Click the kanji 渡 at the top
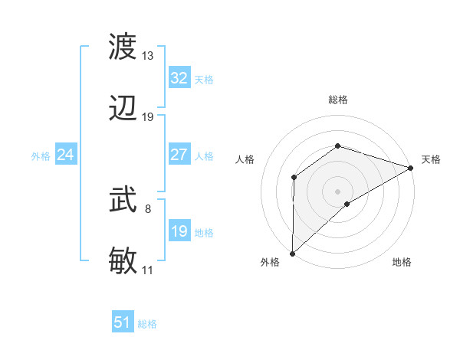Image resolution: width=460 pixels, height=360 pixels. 124,48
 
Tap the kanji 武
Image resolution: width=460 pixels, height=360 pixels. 124,201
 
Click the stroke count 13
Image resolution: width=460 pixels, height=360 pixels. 147,56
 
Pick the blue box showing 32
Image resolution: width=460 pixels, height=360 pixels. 179,78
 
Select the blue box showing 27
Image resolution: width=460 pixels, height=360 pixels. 179,155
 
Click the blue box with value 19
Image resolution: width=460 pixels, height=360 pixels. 179,231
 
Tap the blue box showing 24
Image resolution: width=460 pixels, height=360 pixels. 65,155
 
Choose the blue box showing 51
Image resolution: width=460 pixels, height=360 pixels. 122,322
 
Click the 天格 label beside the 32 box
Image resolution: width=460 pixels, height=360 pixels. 204,79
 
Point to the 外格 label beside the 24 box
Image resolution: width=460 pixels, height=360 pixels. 41,155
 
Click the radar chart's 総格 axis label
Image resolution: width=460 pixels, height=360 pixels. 337,100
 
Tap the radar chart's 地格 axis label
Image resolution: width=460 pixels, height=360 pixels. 402,263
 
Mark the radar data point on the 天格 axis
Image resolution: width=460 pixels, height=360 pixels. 412,168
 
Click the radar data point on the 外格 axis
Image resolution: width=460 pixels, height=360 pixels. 292,253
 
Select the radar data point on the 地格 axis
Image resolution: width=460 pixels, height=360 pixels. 347,204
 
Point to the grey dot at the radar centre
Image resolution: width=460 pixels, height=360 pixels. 337,191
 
